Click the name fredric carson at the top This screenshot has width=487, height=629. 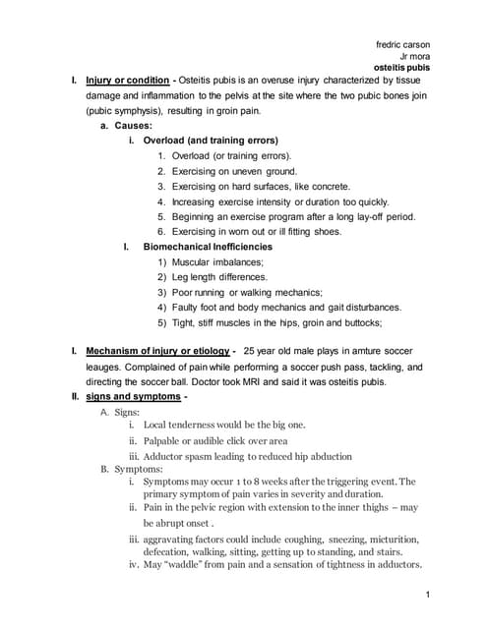pos(403,44)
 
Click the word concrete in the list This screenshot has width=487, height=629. pos(325,186)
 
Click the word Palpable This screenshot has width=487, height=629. pos(165,440)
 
